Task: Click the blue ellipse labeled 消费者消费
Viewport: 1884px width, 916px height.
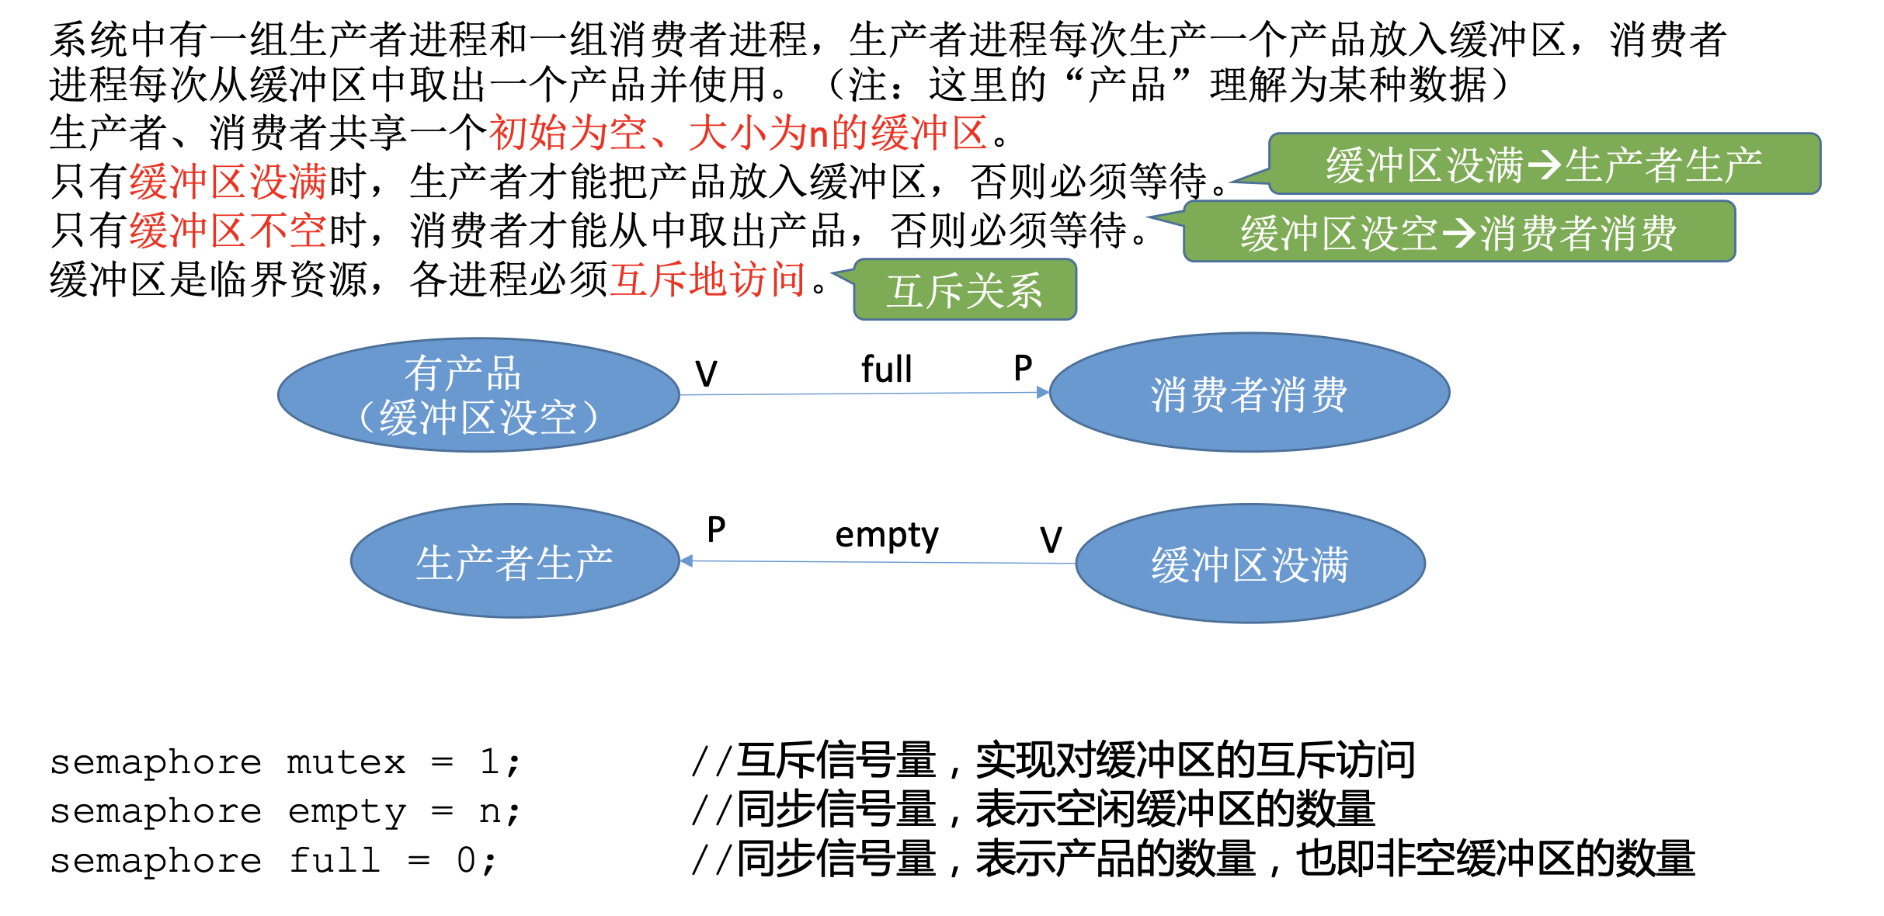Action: point(1249,393)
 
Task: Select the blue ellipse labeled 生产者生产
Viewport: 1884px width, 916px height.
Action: point(515,561)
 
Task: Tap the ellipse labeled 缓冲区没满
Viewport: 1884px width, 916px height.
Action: point(1250,564)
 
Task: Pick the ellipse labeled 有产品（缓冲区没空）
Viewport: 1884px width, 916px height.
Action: point(478,394)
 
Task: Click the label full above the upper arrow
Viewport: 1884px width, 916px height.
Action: point(886,370)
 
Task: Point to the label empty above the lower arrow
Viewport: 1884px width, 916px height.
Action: point(886,535)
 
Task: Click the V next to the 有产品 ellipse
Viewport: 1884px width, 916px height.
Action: point(706,374)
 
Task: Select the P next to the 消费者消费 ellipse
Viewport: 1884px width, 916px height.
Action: point(1023,368)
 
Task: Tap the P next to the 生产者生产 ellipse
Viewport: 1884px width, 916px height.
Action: point(716,530)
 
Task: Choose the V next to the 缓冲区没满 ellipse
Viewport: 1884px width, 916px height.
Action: point(1051,540)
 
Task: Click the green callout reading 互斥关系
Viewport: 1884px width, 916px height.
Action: point(965,290)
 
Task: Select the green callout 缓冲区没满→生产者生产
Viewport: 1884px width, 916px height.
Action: point(1544,165)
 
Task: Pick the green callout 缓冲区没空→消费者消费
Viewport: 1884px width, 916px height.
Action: point(1458,232)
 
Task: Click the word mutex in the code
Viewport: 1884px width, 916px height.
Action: point(346,762)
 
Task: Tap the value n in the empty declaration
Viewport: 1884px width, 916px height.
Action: point(489,812)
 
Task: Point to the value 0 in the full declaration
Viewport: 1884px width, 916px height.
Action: point(466,861)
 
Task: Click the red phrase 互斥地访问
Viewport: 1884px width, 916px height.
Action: point(707,279)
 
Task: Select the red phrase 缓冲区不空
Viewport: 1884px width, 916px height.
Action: point(228,231)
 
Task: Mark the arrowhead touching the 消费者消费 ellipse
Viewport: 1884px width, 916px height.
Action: point(1043,393)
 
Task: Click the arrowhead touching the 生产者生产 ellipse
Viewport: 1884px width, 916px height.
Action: point(687,560)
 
